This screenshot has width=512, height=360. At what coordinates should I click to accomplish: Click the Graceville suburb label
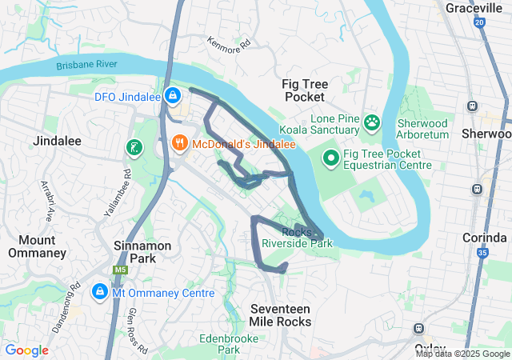coord(478,8)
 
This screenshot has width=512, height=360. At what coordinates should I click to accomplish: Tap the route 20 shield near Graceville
coord(478,23)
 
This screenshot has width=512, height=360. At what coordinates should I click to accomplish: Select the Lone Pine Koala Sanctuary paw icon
coord(372,122)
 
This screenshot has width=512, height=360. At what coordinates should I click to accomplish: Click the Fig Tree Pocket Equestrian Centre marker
coord(331,158)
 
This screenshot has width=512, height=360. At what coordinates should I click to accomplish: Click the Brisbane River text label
coord(87,64)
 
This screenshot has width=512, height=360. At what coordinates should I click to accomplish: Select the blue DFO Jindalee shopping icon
coord(172,96)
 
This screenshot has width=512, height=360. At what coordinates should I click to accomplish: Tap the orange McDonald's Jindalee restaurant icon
coord(180,144)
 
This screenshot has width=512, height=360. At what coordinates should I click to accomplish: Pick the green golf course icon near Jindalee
coord(134,147)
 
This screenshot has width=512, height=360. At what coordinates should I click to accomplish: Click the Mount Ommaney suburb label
coord(37,246)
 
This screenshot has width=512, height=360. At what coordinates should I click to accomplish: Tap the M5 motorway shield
coord(120,271)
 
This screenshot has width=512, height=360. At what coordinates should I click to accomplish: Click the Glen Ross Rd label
coord(138,330)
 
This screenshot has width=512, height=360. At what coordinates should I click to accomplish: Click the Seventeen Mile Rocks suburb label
coord(280,315)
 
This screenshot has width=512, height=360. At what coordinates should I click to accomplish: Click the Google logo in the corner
coord(26,350)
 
